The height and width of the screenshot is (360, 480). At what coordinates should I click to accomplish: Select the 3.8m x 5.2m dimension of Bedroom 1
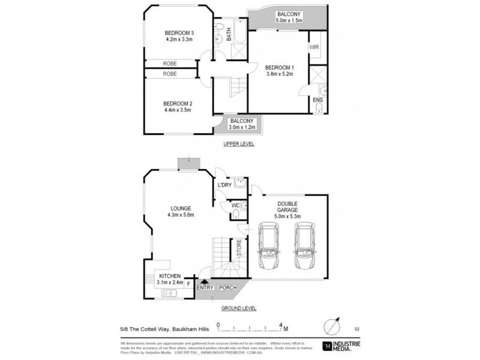click(280, 74)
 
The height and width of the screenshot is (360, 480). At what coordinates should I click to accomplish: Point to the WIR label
click(314, 47)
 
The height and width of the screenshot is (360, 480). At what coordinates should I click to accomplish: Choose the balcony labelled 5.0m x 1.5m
click(289, 17)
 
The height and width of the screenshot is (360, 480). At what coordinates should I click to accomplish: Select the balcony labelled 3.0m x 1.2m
click(243, 124)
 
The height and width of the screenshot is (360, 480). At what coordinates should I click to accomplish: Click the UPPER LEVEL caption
click(239, 144)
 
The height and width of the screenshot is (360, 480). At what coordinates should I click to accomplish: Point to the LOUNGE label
click(180, 208)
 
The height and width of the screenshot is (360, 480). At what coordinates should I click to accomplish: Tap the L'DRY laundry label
click(224, 185)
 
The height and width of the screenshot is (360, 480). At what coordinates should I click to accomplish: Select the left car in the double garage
click(268, 246)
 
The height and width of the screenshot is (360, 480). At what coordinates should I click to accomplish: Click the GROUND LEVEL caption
click(239, 308)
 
